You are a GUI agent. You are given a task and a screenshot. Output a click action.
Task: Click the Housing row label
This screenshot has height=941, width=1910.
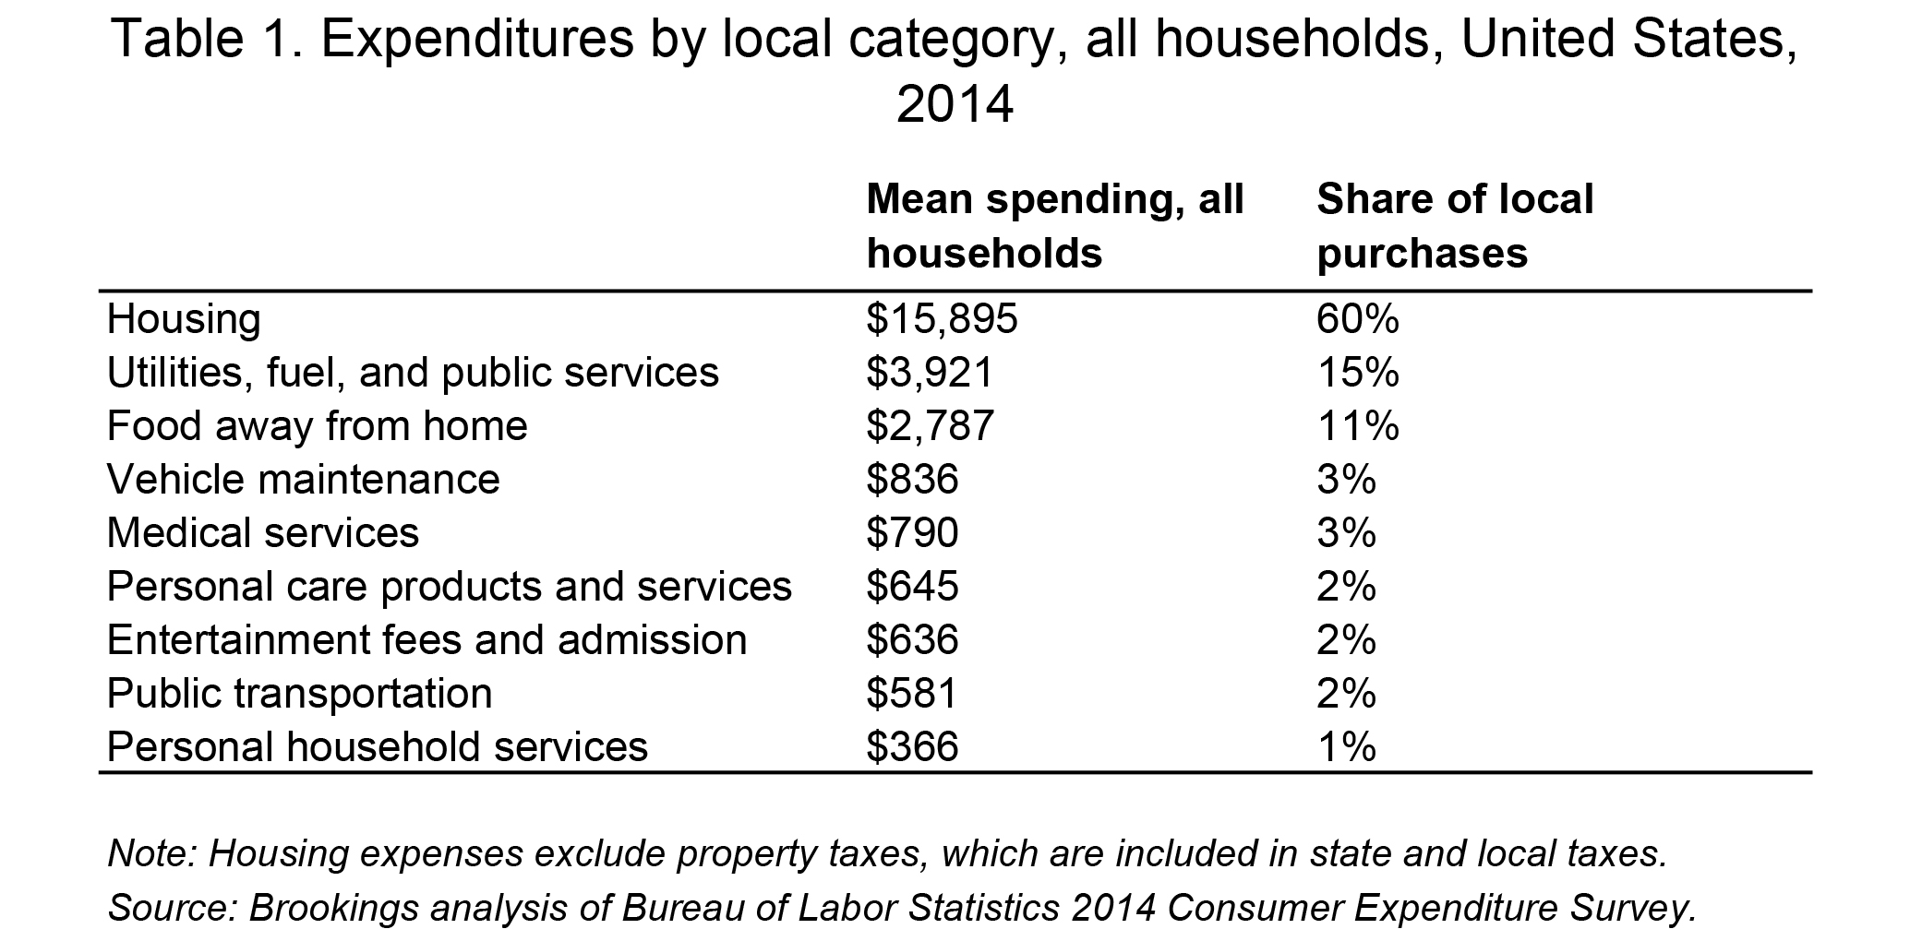point(184,320)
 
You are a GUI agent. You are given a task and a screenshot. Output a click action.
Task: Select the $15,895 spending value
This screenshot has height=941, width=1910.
point(942,320)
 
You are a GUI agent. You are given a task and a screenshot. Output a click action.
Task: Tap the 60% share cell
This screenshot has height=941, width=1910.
point(1358,320)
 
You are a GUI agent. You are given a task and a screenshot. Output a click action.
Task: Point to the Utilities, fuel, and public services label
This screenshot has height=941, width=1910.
point(413,374)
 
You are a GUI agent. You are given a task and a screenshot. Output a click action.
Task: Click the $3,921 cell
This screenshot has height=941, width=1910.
point(930,374)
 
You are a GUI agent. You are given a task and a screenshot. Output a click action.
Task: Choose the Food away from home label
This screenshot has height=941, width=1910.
point(317,427)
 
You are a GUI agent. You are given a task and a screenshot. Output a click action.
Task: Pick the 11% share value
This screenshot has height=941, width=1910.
point(1358,427)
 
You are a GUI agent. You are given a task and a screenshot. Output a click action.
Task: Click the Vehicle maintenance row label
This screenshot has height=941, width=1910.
point(303,481)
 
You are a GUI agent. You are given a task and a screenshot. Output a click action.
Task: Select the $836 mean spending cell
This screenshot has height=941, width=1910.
point(912,481)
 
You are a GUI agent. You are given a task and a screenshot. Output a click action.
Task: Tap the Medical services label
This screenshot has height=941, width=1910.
point(263,534)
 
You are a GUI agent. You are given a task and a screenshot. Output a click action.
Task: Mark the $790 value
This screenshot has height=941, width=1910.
point(912,534)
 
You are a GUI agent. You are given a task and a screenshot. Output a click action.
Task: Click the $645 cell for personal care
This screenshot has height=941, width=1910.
point(912,588)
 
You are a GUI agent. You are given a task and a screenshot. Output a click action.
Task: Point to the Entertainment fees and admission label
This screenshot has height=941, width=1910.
point(426,641)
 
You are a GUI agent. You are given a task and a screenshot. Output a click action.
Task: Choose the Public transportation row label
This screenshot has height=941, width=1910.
point(299,695)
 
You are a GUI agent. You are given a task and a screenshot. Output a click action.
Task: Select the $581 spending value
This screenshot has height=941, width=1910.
point(912,695)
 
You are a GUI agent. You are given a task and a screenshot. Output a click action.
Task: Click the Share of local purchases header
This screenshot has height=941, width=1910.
point(1455,226)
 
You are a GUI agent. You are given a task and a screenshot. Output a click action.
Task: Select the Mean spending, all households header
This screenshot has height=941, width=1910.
point(1055,226)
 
